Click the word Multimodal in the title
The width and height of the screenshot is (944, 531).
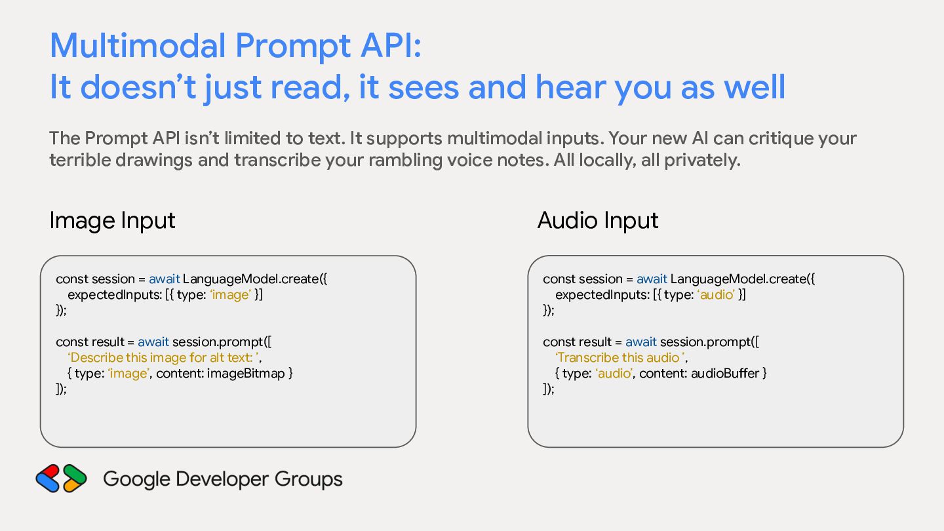138,45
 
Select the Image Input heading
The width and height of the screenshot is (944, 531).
112,221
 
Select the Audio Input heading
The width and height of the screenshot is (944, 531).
598,220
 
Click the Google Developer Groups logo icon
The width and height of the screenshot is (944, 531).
62,479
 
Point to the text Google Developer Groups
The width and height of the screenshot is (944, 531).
222,479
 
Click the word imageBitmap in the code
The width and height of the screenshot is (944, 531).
246,374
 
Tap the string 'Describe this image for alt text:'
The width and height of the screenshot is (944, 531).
163,357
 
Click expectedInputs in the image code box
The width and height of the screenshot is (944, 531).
115,295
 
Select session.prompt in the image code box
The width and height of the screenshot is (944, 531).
218,342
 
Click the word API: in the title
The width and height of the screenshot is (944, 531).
391,45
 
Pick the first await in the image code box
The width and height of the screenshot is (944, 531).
165,279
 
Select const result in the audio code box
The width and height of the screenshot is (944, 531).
577,342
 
